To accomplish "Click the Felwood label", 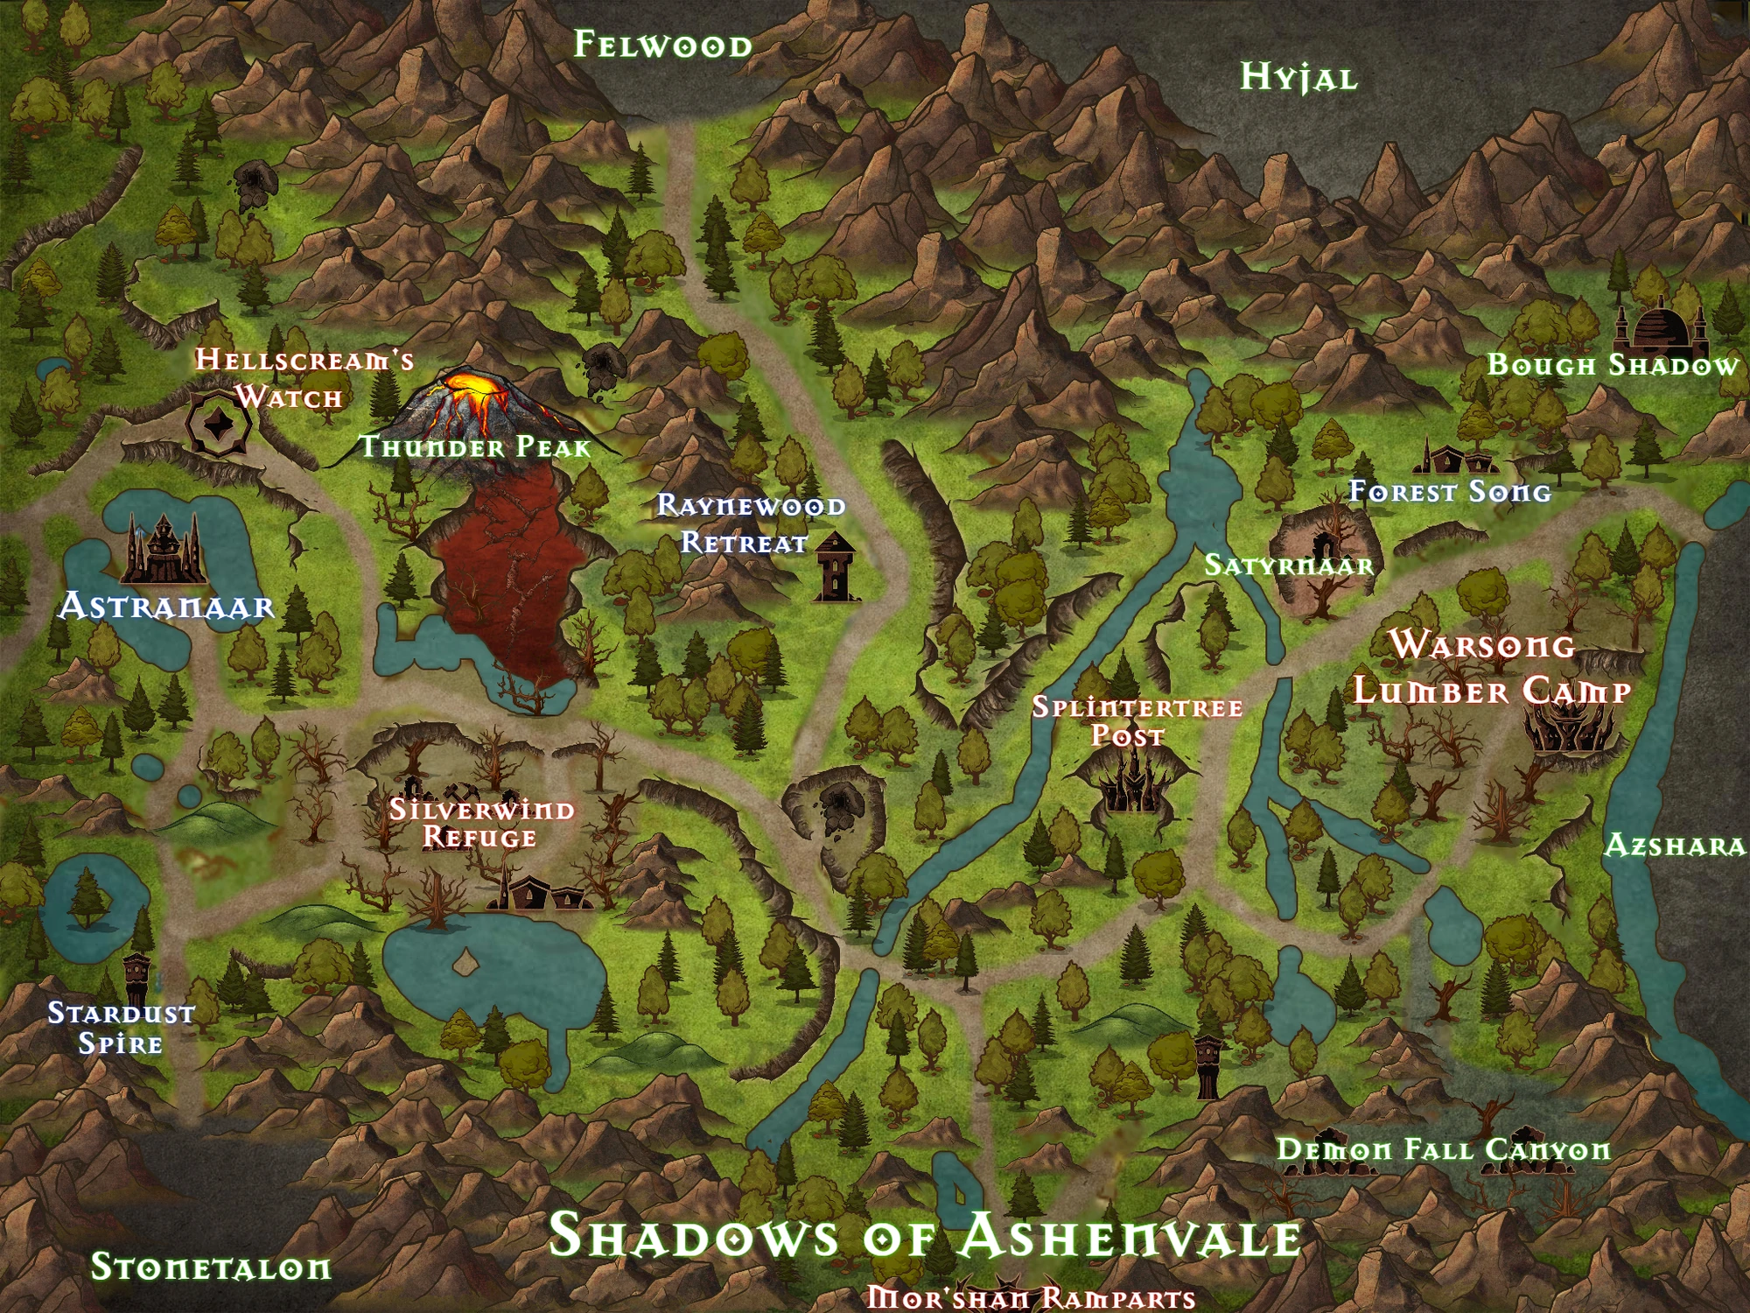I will [662, 45].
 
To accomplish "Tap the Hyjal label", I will [1298, 78].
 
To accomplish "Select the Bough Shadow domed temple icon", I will [1660, 325].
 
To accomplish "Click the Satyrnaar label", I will [1289, 565].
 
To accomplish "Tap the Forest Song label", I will [1449, 492].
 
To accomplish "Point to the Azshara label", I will [1674, 846].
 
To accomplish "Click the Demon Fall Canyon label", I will [1443, 1149].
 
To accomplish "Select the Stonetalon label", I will [211, 1267].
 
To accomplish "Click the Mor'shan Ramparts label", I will [1031, 1298].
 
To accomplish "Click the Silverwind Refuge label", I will [481, 823].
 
